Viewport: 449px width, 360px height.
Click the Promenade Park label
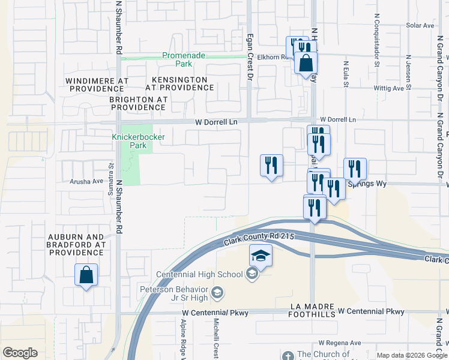[184, 59]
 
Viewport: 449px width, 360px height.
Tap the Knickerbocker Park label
[130, 141]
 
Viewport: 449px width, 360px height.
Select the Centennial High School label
[199, 275]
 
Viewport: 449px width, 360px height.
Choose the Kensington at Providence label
[174, 83]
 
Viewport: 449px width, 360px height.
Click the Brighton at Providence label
[138, 103]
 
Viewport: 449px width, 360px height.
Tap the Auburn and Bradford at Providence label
[77, 245]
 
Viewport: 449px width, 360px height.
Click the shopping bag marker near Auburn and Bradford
[86, 275]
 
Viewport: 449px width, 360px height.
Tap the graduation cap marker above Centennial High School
[261, 256]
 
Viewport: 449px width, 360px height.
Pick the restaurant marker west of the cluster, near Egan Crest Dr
[271, 166]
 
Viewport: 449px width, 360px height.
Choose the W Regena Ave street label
[340, 343]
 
